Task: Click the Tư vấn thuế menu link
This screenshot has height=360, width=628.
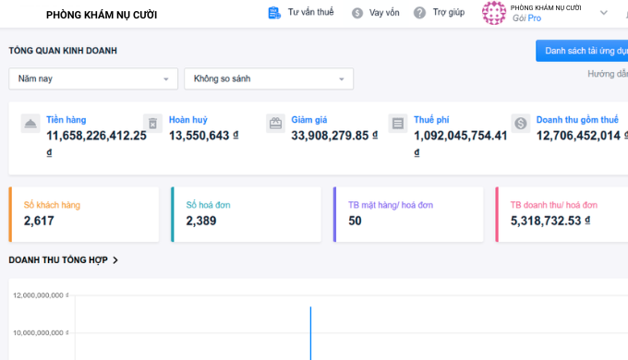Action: [301, 12]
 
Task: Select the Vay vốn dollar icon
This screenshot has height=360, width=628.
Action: [357, 13]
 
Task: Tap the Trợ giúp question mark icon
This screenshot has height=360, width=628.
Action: [419, 13]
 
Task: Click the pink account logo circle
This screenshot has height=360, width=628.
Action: [494, 13]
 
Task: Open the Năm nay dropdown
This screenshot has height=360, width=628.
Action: [93, 78]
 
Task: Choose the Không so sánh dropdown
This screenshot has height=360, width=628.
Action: [269, 78]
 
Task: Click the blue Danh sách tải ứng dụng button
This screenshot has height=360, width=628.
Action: [582, 51]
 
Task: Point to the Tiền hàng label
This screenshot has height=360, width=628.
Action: [66, 120]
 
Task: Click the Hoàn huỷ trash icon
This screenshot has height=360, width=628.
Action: [153, 124]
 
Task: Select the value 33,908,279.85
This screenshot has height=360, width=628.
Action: [330, 136]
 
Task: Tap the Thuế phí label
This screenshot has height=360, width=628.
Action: [431, 120]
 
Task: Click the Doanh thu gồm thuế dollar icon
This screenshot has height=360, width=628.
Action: [521, 124]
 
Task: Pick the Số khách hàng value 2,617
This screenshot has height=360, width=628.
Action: [39, 221]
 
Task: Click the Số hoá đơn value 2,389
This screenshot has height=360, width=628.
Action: [201, 221]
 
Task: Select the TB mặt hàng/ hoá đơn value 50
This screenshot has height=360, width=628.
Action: [355, 221]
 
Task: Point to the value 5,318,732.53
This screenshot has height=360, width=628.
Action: [546, 221]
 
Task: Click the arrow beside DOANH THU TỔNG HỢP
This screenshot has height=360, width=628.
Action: [115, 260]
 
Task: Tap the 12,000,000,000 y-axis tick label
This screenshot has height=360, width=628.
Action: [39, 295]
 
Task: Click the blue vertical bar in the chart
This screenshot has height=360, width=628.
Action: [310, 333]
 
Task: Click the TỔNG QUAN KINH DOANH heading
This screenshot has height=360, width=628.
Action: [63, 51]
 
